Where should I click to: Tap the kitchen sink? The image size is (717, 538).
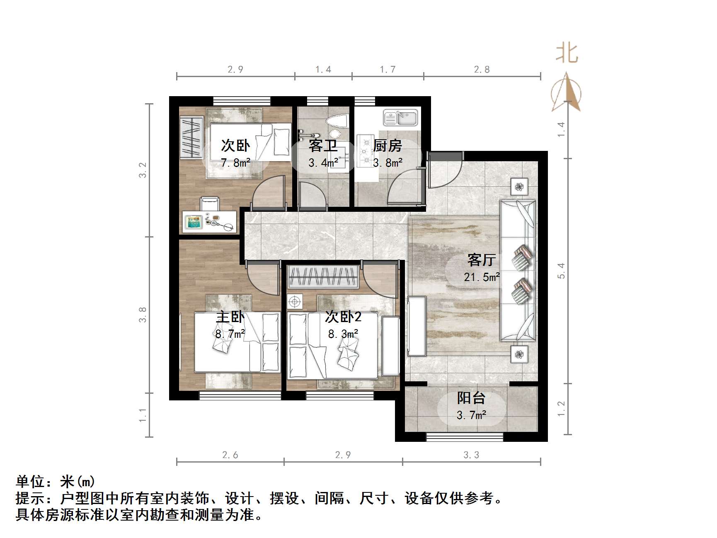pos(400,117)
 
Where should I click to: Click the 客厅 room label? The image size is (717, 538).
pos(481,260)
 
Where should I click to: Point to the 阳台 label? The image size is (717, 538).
pos(471,398)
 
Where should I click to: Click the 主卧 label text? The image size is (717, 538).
pos(230,317)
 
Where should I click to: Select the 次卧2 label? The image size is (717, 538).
pos(343,317)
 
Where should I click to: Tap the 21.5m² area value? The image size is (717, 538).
pos(482,277)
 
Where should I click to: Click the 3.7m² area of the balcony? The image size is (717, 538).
pos(471,415)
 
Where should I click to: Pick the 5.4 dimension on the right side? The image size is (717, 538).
pos(561,271)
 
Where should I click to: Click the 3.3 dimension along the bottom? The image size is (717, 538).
pos(471,455)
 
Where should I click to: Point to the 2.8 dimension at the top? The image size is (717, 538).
pos(482,70)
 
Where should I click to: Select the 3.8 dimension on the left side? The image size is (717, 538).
pos(143,315)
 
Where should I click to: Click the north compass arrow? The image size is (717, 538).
pos(566,93)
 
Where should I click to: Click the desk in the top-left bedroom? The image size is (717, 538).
pos(210,222)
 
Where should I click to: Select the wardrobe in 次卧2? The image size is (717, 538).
pos(323,277)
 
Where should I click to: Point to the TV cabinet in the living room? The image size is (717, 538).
pos(417,326)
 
